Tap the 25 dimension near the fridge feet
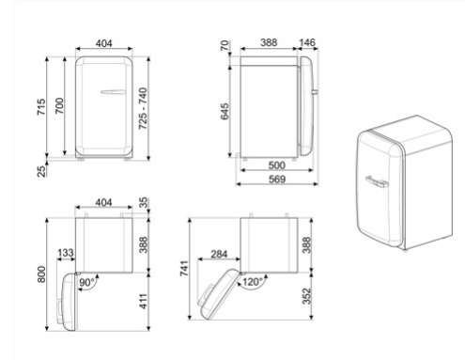click(x=39, y=171)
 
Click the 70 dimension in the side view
click(x=225, y=46)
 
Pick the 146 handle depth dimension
click(x=306, y=43)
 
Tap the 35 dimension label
click(x=142, y=202)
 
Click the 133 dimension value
click(x=66, y=254)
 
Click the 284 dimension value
click(x=221, y=254)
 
